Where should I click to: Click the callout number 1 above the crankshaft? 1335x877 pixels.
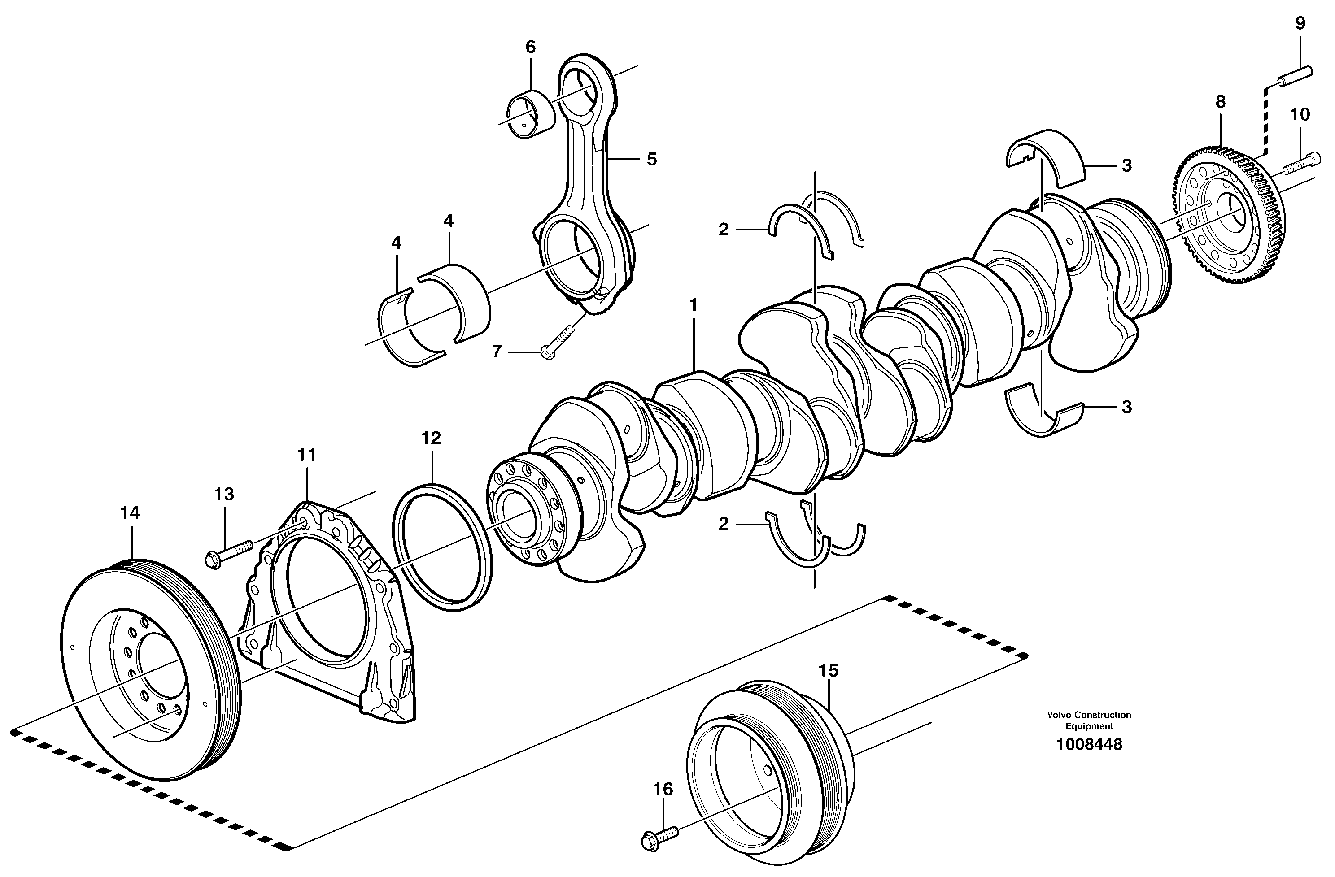tap(694, 306)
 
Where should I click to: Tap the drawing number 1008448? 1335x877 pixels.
tap(1089, 745)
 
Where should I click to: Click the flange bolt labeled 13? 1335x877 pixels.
tap(231, 551)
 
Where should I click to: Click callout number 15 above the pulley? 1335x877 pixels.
tap(828, 671)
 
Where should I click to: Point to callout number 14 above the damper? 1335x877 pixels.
tap(130, 512)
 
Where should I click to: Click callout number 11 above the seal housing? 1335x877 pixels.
tap(307, 456)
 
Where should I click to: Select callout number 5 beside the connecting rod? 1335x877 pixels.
tap(651, 159)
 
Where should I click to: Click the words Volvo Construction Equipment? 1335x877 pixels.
tap(1089, 721)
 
